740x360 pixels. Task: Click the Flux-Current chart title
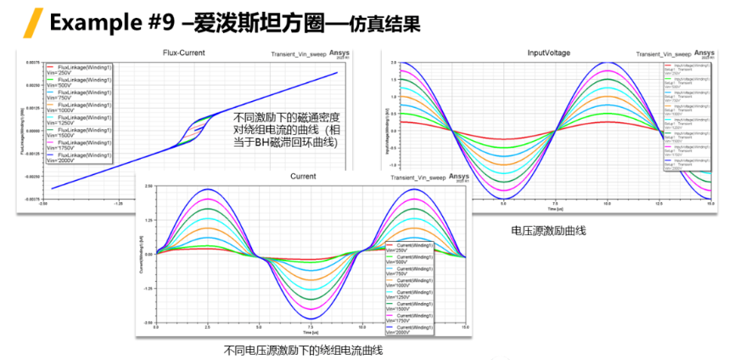pos(185,53)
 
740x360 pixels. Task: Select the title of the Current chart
pos(303,177)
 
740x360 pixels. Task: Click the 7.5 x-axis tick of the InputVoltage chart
pos(555,205)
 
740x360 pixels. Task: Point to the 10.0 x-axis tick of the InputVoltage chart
pos(607,205)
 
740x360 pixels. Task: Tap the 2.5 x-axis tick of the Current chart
pos(207,327)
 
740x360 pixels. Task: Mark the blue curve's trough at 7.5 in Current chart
pos(311,318)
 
